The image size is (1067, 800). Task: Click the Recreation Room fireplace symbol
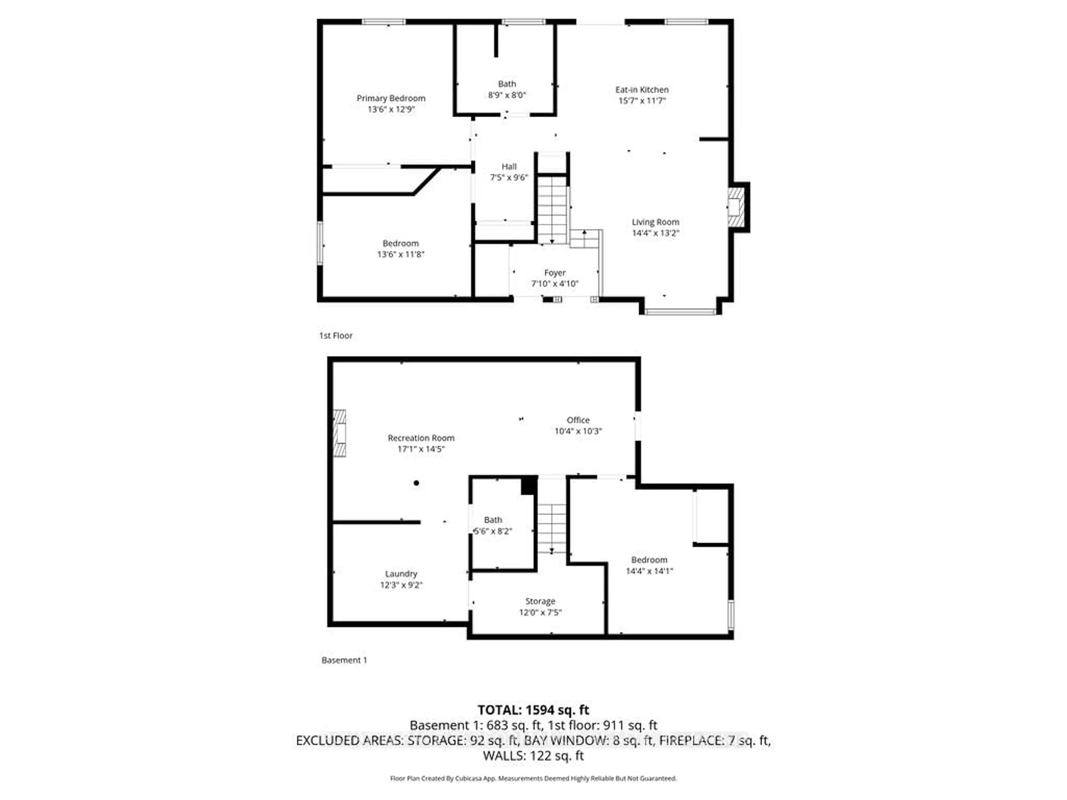(x=340, y=433)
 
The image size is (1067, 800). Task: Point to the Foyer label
(x=554, y=273)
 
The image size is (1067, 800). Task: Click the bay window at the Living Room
(x=680, y=311)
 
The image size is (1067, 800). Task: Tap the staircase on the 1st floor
(x=552, y=210)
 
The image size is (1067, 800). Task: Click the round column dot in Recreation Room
(x=416, y=483)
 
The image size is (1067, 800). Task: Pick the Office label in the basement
(x=578, y=420)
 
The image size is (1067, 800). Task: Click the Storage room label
(x=540, y=601)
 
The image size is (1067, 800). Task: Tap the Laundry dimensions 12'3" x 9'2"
(x=401, y=585)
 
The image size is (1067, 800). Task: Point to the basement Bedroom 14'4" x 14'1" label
(x=649, y=560)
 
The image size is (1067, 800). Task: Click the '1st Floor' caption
(x=336, y=336)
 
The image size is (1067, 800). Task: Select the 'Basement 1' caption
(x=344, y=660)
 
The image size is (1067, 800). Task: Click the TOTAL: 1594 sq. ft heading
(x=533, y=710)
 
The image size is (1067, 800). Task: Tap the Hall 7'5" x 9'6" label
(x=509, y=167)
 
